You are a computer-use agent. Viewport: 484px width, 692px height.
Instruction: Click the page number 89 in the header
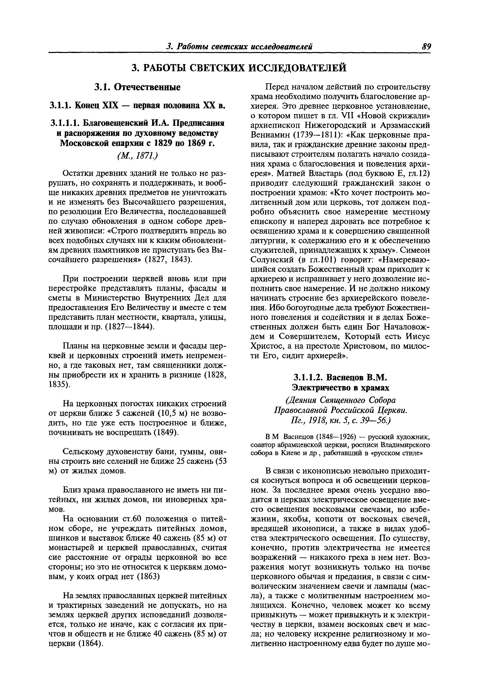[x=426, y=47]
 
